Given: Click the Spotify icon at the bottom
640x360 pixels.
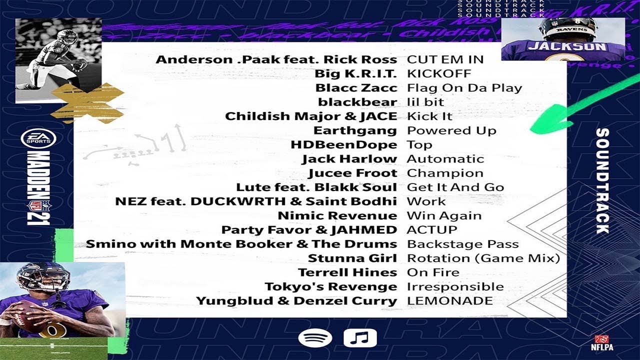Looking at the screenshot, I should tap(315, 338).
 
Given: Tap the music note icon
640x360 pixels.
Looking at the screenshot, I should tap(360, 338).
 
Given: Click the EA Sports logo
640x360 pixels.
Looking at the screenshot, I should tap(38, 138).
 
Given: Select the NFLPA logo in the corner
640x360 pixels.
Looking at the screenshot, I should tap(601, 342).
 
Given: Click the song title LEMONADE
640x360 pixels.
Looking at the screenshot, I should tap(449, 301).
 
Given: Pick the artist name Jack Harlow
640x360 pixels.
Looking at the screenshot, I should tap(349, 159).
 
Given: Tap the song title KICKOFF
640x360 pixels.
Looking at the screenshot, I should tap(439, 73).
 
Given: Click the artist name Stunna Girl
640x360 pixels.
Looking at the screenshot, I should tap(352, 258).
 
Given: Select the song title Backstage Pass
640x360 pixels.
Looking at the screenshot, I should tap(462, 244).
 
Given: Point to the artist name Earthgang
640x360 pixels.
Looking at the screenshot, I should tap(354, 130).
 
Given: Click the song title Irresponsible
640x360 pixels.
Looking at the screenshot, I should tap(455, 286).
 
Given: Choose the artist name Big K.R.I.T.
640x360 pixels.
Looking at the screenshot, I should tap(355, 73).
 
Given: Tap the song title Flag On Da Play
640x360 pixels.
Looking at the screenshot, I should tap(464, 88).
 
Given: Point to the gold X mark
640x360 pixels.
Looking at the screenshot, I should tap(87, 103).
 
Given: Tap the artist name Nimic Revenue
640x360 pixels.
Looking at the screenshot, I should tap(337, 216).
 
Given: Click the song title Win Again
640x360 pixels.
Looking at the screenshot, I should tap(444, 216).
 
